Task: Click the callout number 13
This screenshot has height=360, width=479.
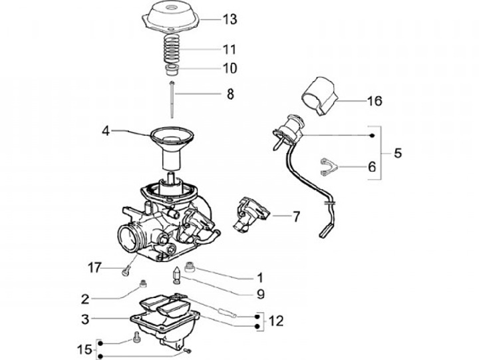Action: point(230,19)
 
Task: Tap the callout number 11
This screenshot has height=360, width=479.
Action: point(230,50)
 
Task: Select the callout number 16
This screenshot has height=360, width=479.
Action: point(375,102)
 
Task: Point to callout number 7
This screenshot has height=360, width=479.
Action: point(296,216)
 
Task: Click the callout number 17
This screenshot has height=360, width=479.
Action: point(95,268)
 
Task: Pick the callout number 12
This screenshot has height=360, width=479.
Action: point(275,321)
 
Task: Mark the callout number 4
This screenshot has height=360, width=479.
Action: point(106,130)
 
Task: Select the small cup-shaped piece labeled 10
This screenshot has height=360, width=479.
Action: point(172,69)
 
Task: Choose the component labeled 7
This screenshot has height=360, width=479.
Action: point(251,214)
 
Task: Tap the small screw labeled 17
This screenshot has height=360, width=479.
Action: point(124,269)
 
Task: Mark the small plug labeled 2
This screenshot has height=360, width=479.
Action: point(141,285)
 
